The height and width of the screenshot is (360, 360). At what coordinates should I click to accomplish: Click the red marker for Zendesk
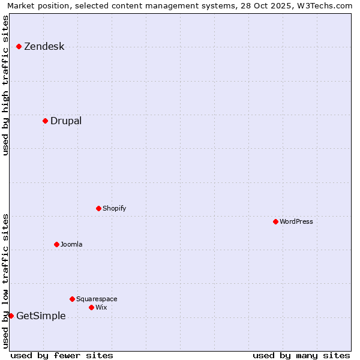tap(19, 46)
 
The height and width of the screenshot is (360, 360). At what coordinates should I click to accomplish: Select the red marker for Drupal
tap(45, 121)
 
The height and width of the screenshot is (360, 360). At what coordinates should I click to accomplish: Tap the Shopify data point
tap(99, 208)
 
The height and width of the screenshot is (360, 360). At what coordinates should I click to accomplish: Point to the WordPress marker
tap(275, 221)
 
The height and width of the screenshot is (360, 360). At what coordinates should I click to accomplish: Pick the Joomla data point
tap(57, 244)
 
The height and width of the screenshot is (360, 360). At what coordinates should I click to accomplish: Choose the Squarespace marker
tap(73, 299)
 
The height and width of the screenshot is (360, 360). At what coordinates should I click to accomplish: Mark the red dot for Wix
tap(92, 307)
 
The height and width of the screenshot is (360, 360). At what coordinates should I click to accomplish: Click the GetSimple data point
tap(11, 316)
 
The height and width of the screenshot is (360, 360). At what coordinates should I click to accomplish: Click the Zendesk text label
tap(44, 47)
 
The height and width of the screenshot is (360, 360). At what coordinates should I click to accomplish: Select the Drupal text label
tap(66, 121)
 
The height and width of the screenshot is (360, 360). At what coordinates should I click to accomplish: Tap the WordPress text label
tap(296, 222)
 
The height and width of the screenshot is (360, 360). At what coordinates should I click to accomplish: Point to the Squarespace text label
tap(97, 299)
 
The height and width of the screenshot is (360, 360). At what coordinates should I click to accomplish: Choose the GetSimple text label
tap(41, 316)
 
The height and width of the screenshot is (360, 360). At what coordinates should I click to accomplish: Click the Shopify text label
tap(114, 209)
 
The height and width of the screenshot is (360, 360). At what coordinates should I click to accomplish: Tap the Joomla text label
tap(71, 245)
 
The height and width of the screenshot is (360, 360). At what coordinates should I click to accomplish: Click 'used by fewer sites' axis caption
tap(62, 355)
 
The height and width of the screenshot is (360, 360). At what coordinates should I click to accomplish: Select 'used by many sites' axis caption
tap(301, 355)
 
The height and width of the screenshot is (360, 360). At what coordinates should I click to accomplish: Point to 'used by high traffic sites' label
tap(6, 85)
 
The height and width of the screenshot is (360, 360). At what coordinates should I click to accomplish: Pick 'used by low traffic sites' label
tap(6, 280)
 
